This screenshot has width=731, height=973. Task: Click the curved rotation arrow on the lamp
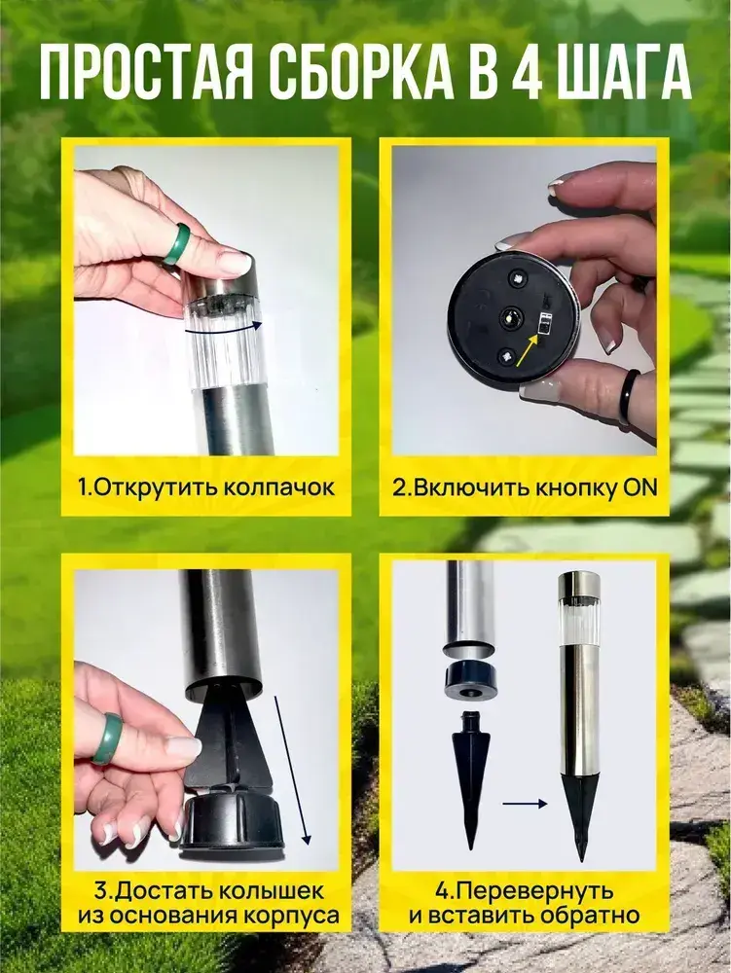[x=224, y=332]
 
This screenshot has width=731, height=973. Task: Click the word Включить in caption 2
[x=464, y=487]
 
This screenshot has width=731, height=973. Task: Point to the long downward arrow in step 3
[x=292, y=771]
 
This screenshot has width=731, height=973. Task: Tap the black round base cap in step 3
[x=230, y=821]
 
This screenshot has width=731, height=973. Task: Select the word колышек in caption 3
[x=272, y=891]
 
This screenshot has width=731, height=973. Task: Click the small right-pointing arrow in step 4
[x=525, y=804]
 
